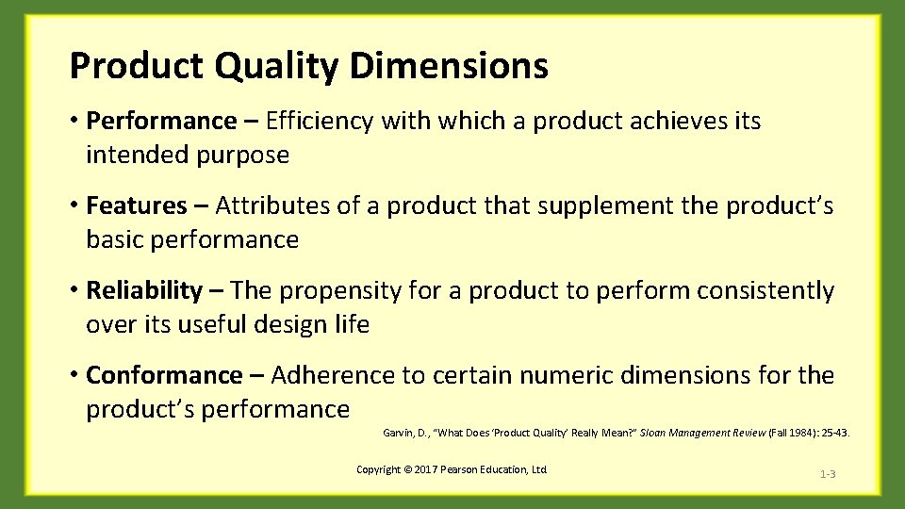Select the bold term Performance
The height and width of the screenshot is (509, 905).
coord(160,121)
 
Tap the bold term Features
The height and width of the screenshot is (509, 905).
coord(137,205)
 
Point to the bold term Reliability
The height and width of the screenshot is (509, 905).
coord(143,290)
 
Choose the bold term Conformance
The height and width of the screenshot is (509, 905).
coord(164,375)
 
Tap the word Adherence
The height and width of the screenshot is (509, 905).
coord(334,375)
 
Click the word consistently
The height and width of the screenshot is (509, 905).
coord(765,290)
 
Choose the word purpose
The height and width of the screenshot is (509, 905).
coord(242,156)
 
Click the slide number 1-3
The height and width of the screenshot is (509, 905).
coord(827,473)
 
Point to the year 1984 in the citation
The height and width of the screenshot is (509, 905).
coord(810,433)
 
